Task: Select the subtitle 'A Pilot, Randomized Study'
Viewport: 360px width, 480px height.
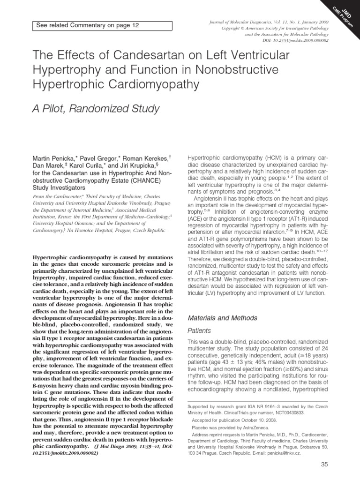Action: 96,109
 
